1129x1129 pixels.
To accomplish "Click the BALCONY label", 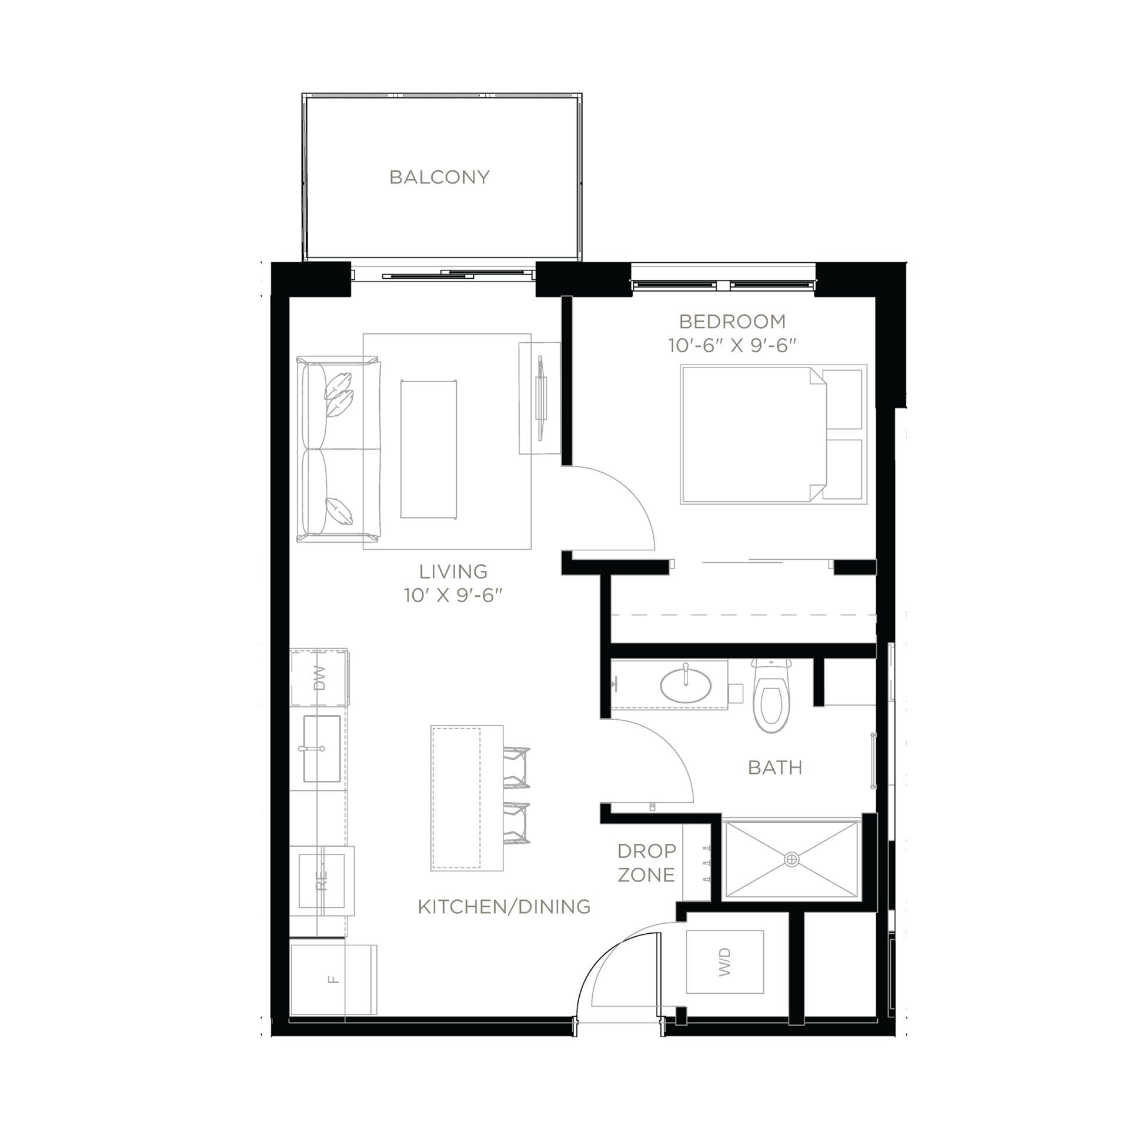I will (439, 177).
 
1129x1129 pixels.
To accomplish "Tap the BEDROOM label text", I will (732, 321).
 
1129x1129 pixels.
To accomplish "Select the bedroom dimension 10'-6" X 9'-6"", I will (732, 345).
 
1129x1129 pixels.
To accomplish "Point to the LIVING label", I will (453, 571).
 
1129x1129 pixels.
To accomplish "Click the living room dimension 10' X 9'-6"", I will (453, 596).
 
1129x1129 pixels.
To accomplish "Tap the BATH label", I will (775, 767).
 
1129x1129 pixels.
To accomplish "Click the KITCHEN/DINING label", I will (504, 906).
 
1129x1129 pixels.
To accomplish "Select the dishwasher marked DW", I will (319, 678).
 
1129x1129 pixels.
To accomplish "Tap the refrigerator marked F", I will (333, 979).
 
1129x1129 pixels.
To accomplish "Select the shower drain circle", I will (792, 859).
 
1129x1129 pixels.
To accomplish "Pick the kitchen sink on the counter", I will (320, 749).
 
